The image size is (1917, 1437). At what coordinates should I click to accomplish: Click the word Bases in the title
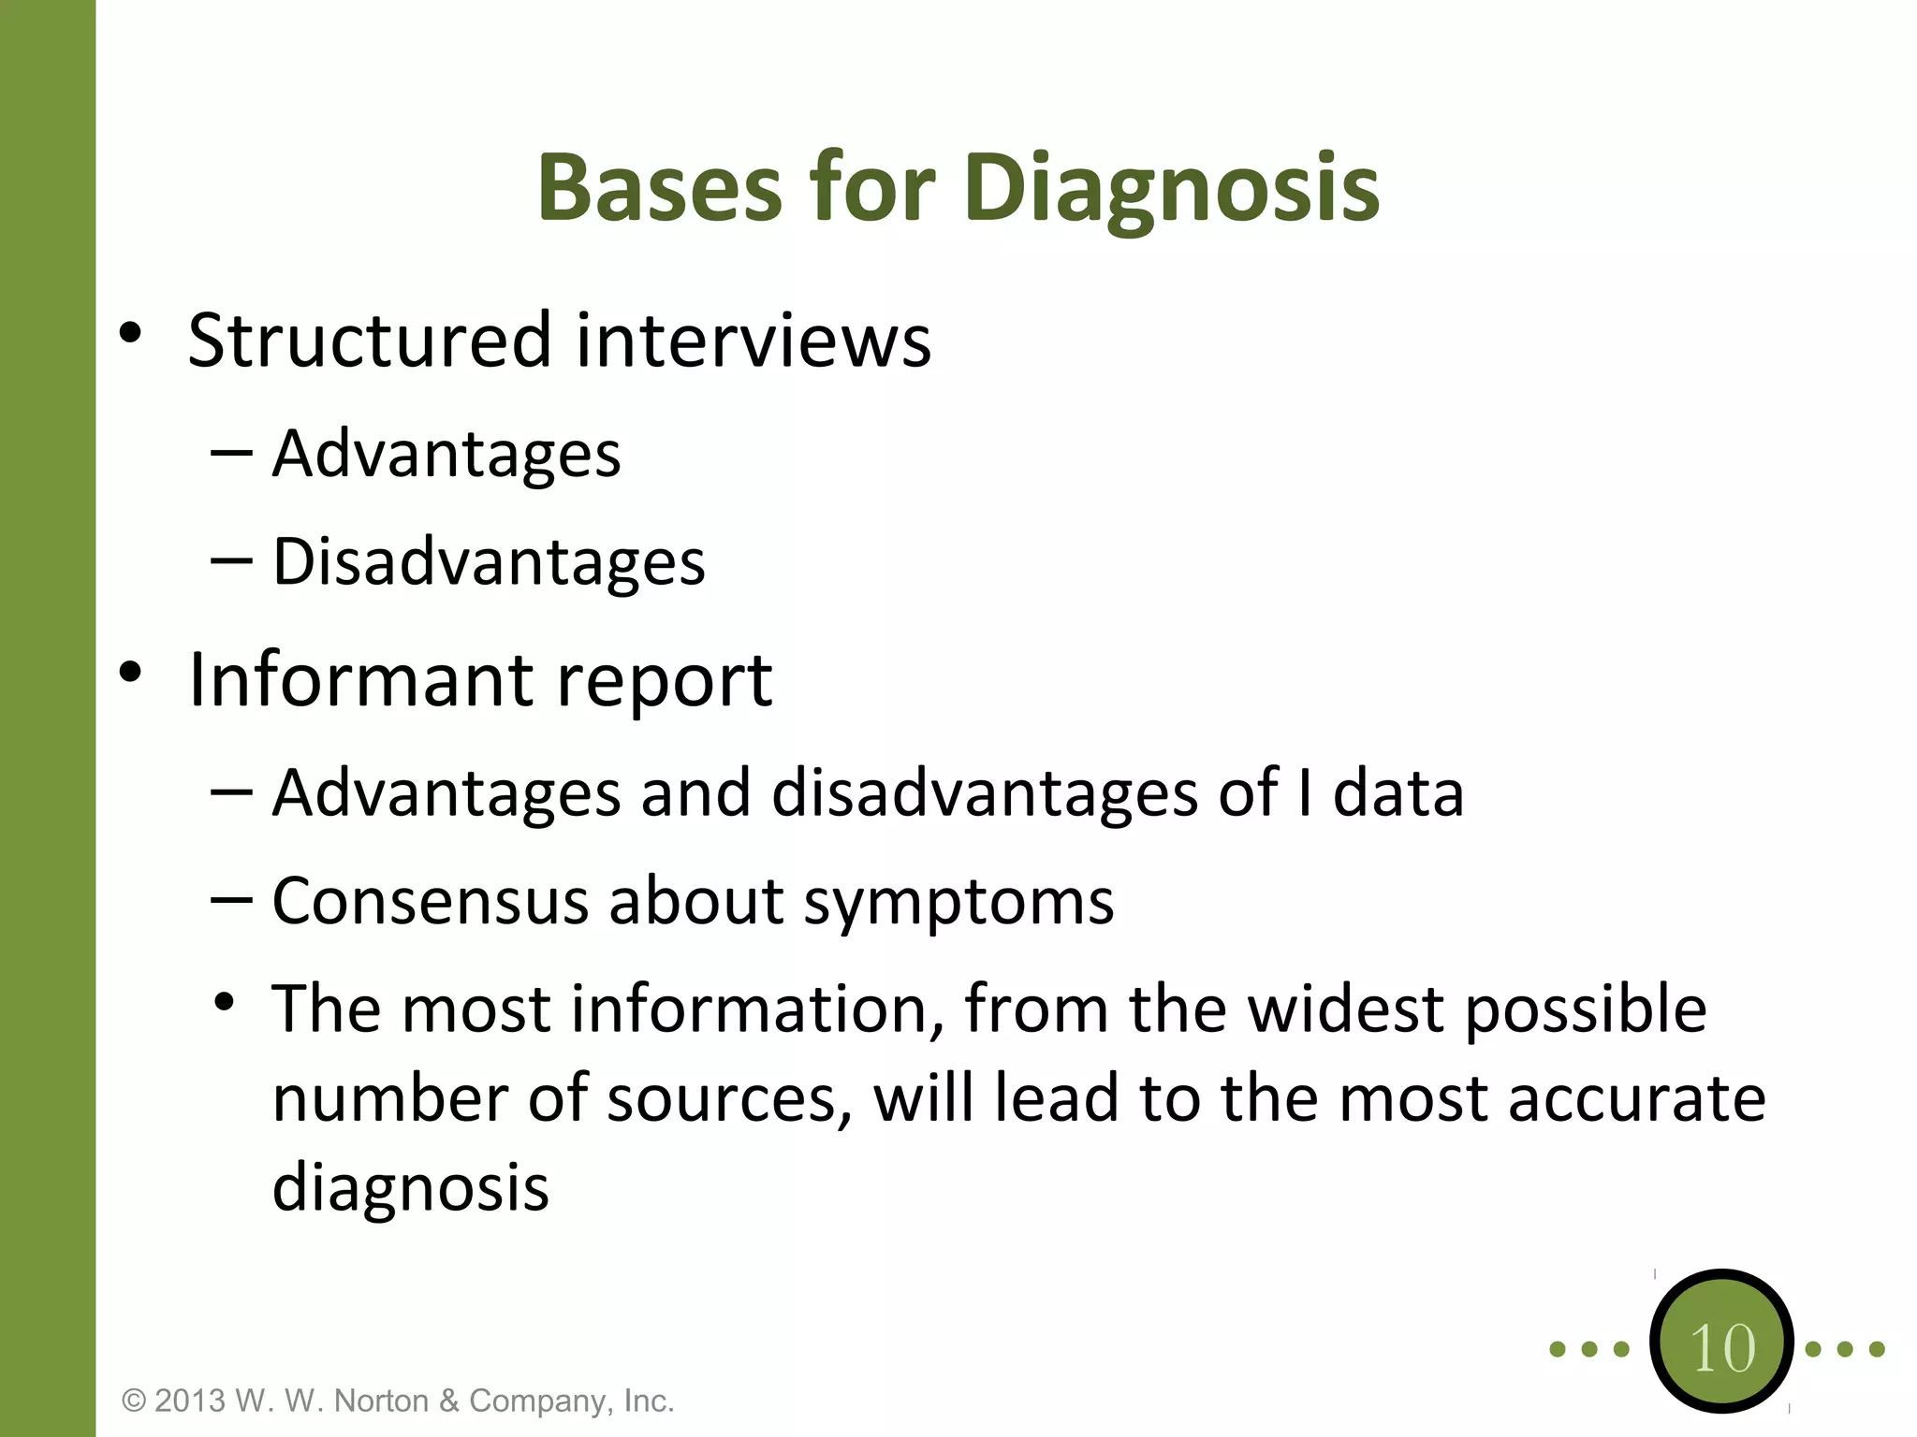[x=659, y=188]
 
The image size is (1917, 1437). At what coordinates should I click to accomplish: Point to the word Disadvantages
[x=489, y=562]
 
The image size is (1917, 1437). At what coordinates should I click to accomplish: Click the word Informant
[x=362, y=679]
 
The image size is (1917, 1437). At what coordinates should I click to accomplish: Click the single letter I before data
[x=1305, y=792]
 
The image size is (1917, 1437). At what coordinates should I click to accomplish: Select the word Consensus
[x=431, y=901]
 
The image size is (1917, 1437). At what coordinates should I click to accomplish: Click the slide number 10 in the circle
[x=1722, y=1348]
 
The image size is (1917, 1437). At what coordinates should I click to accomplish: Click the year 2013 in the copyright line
[x=190, y=1401]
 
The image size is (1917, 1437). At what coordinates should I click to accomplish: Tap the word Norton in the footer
[x=383, y=1401]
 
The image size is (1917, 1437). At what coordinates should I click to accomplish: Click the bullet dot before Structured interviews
[x=131, y=334]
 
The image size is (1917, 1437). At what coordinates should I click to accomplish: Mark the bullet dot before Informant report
[x=131, y=672]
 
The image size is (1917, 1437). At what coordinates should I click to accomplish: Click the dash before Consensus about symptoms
[x=231, y=899]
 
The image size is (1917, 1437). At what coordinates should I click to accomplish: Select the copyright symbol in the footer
[x=134, y=1401]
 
